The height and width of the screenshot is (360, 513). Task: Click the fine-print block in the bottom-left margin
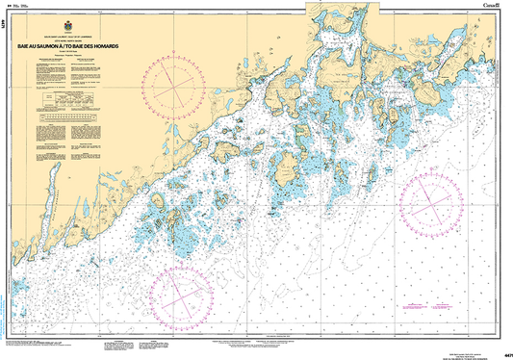click(48, 344)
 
